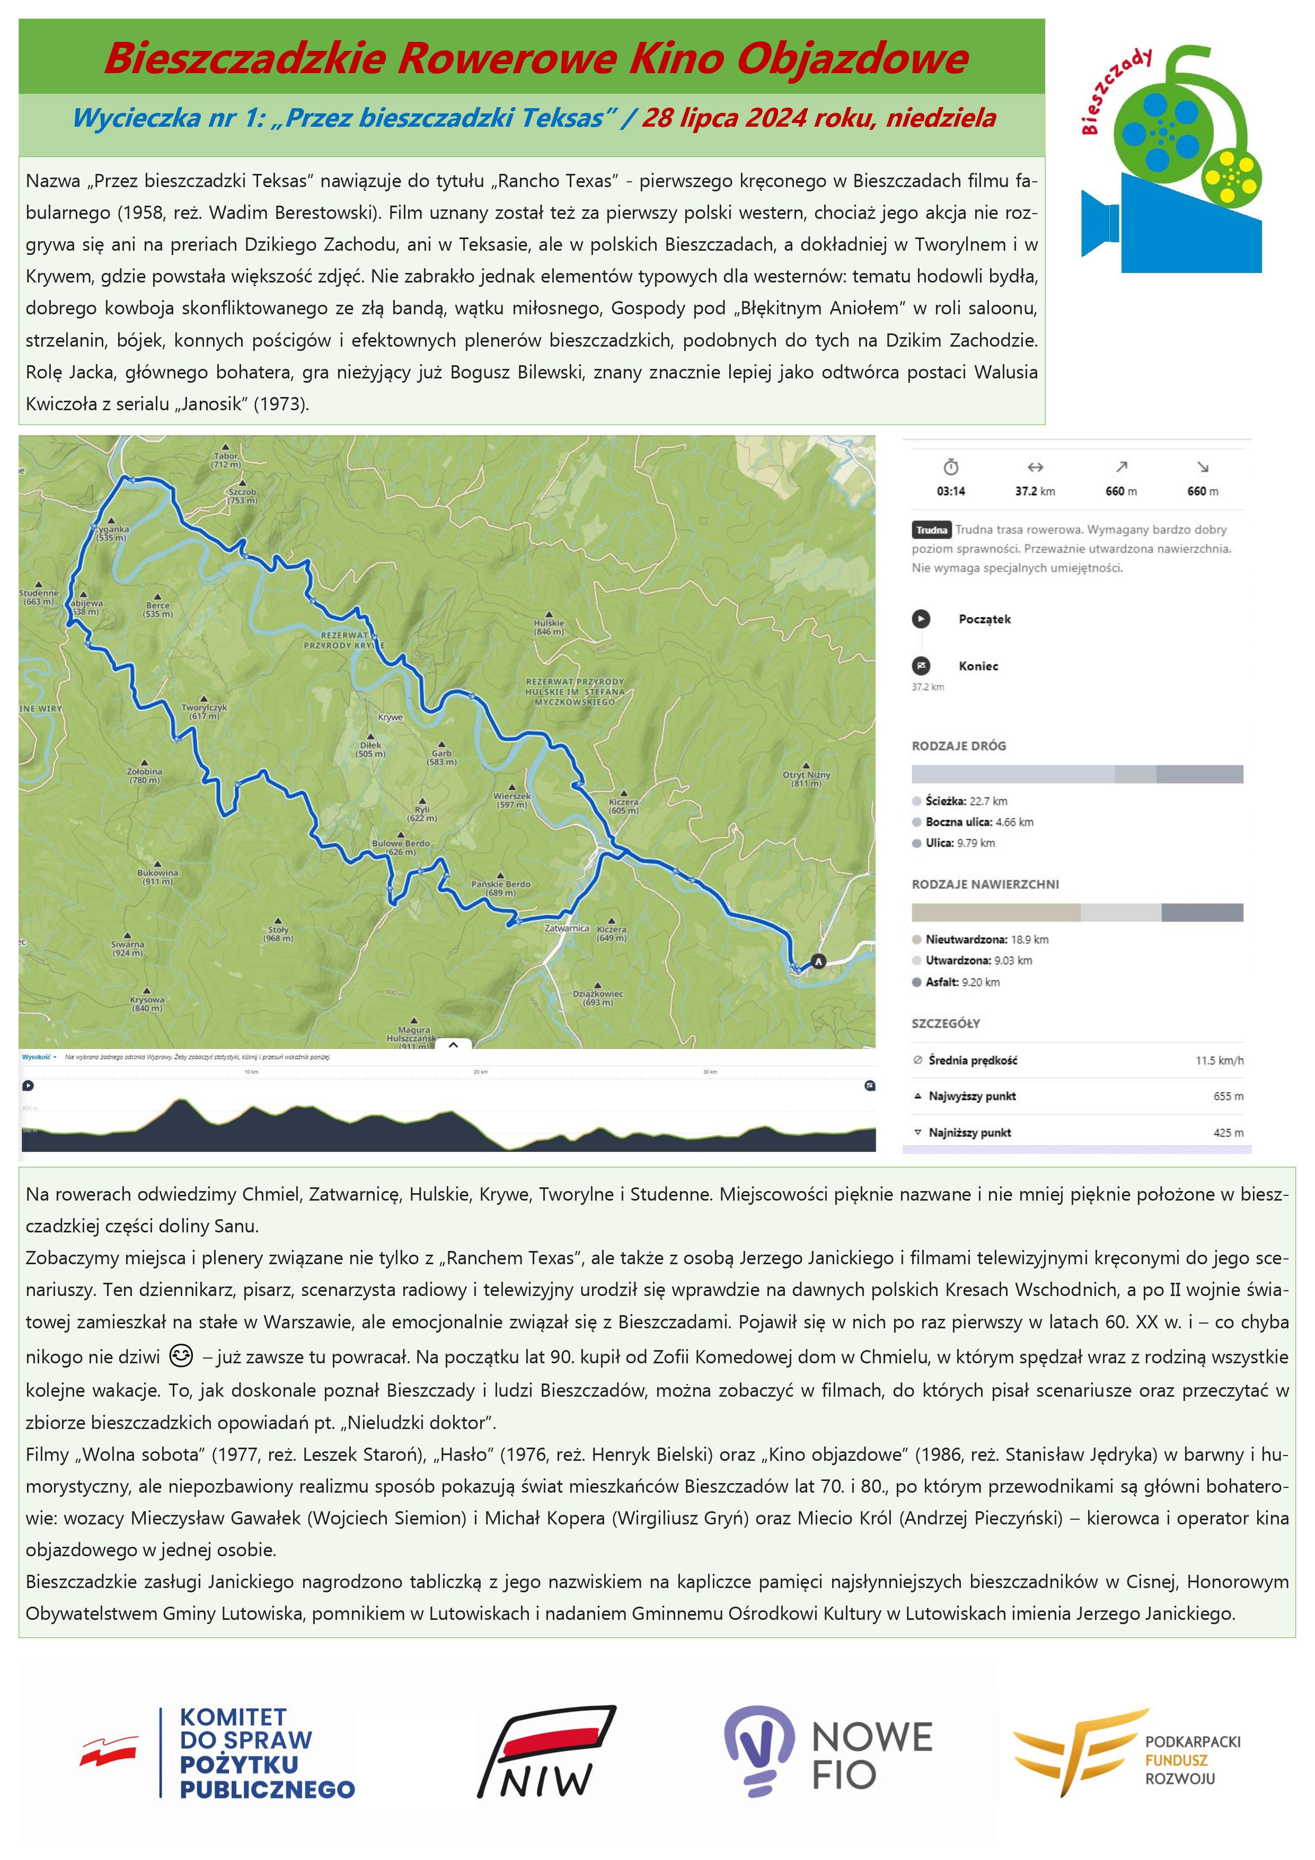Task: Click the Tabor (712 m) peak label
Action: [x=226, y=460]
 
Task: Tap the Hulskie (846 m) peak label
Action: [x=549, y=626]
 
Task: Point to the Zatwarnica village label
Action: [x=567, y=928]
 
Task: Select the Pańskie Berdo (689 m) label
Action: [x=501, y=888]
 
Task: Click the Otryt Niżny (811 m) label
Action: [x=806, y=779]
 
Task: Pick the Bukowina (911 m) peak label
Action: [x=157, y=877]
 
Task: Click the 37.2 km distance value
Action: [x=1035, y=491]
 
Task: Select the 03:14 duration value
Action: [x=950, y=491]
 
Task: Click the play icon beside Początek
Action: [x=921, y=619]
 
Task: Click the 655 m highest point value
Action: [x=1228, y=1096]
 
